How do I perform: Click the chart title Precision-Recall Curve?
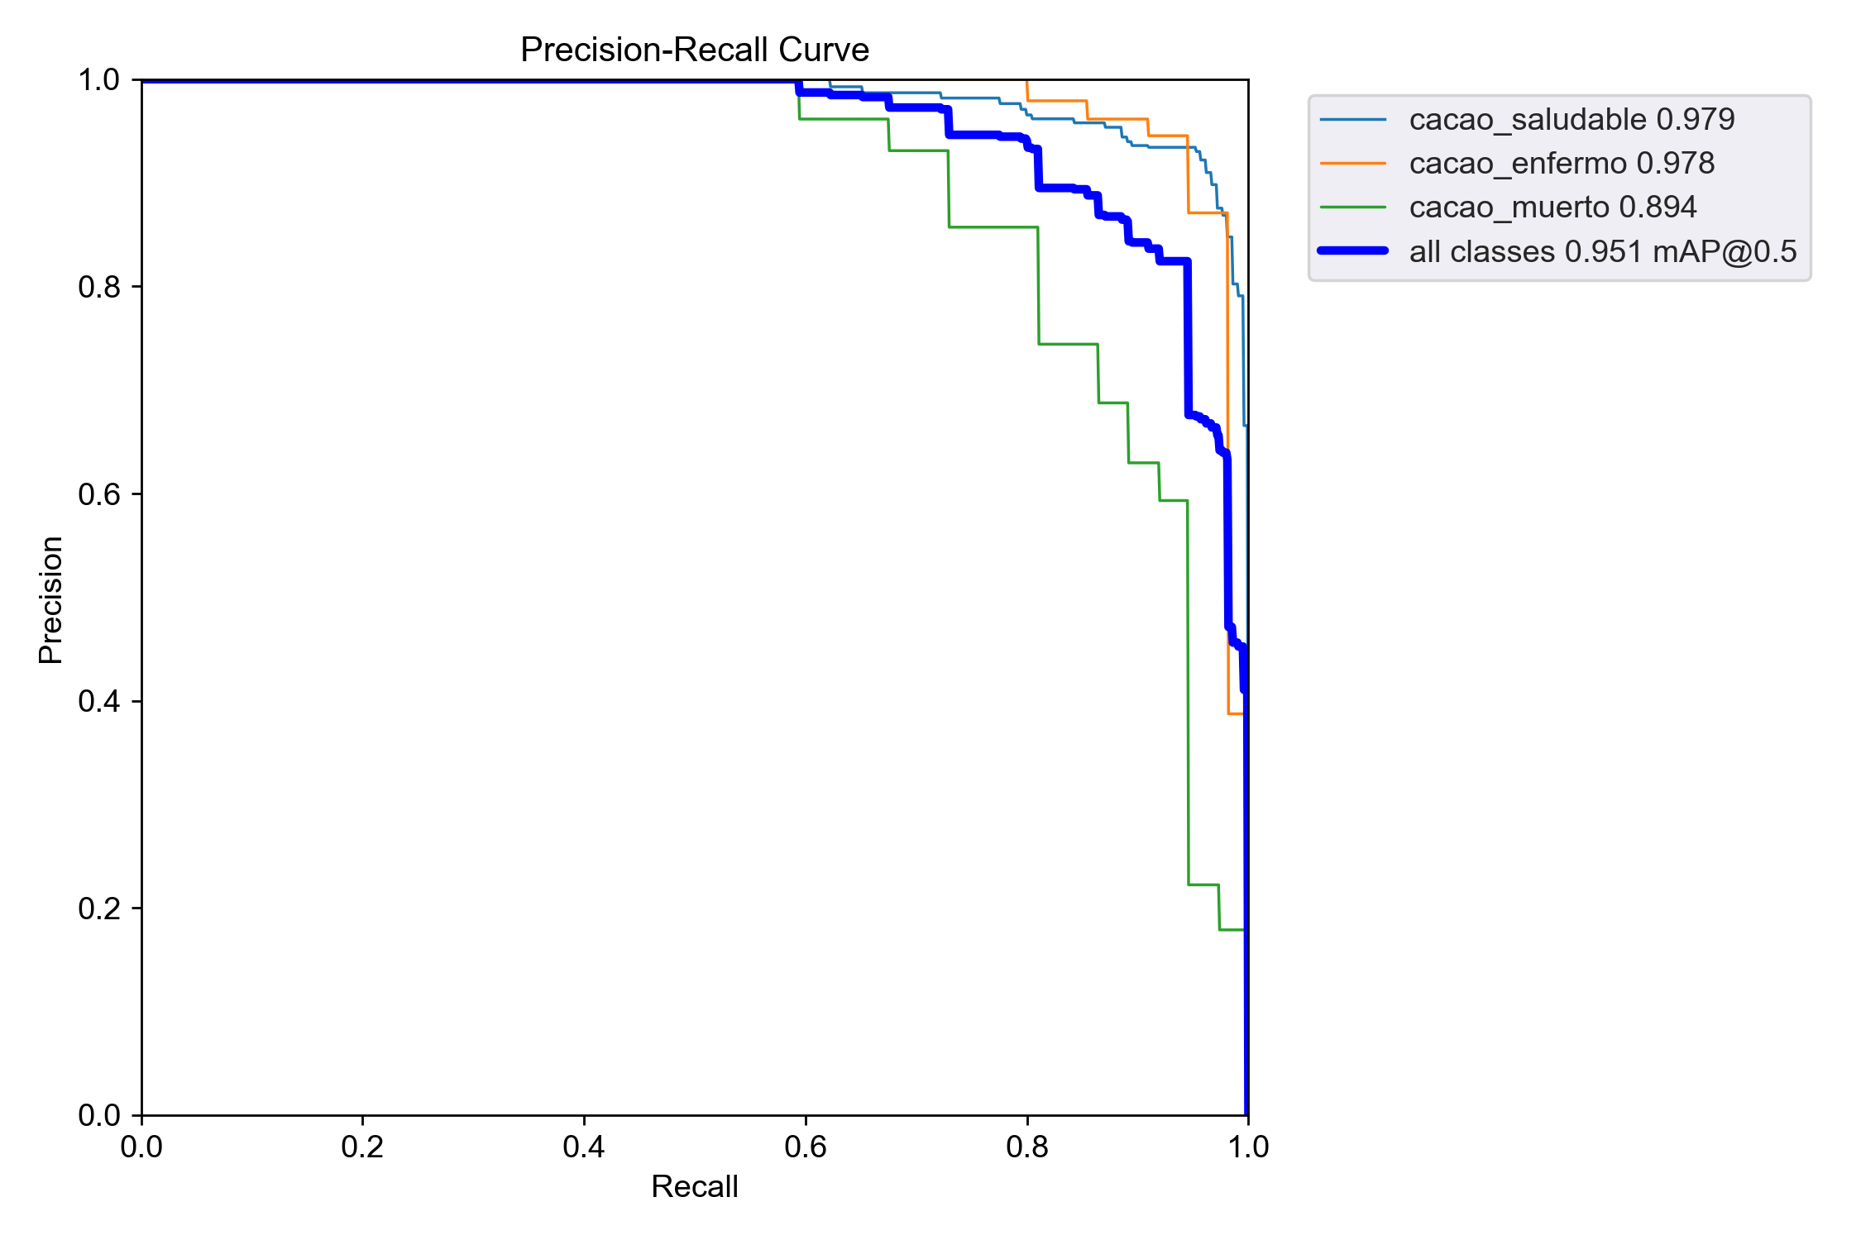pyautogui.click(x=694, y=50)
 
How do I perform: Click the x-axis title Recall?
pyautogui.click(x=694, y=1186)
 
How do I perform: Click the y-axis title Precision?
pyautogui.click(x=51, y=599)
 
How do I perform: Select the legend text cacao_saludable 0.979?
pyautogui.click(x=1572, y=120)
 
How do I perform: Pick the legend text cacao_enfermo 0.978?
pyautogui.click(x=1562, y=164)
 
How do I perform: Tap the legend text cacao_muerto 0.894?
pyautogui.click(x=1552, y=207)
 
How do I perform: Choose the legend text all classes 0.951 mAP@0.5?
pyautogui.click(x=1603, y=251)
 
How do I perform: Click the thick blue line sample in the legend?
pyautogui.click(x=1352, y=250)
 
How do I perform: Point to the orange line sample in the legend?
pyautogui.click(x=1352, y=164)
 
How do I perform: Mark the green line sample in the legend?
pyautogui.click(x=1352, y=207)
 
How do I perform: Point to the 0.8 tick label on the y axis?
pyautogui.click(x=98, y=287)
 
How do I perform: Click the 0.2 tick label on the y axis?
pyautogui.click(x=98, y=909)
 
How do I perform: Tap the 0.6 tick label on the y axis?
pyautogui.click(x=98, y=494)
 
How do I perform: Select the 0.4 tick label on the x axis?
pyautogui.click(x=584, y=1147)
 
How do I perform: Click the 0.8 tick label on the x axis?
pyautogui.click(x=1027, y=1147)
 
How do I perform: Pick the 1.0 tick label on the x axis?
pyautogui.click(x=1247, y=1147)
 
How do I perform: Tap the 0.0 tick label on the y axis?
pyautogui.click(x=98, y=1115)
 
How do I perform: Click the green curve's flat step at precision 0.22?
pyautogui.click(x=1203, y=885)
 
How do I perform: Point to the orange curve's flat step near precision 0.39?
pyautogui.click(x=1236, y=713)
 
